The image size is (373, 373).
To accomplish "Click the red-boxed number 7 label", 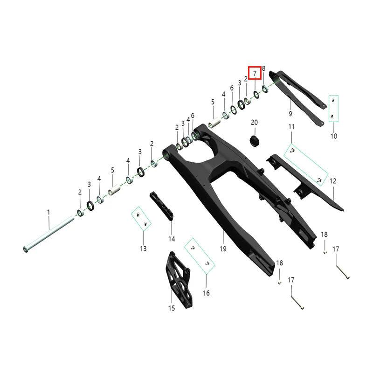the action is (255, 73).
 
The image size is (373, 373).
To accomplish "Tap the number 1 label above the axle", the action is (48, 212).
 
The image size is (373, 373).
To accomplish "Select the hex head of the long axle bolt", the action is (26, 249).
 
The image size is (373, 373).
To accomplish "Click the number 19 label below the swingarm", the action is (223, 249).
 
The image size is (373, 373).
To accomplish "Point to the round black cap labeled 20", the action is (255, 141).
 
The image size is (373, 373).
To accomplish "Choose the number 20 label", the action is (254, 122).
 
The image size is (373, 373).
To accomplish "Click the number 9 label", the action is (290, 113).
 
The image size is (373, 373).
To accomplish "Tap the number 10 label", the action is (334, 136).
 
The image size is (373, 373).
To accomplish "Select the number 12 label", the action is (333, 181).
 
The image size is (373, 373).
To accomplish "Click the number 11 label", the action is (291, 127).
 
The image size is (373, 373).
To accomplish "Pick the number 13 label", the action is (143, 249).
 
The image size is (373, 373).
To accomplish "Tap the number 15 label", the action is (172, 308).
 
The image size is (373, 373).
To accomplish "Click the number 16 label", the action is (206, 293).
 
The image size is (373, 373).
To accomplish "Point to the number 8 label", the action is (263, 69).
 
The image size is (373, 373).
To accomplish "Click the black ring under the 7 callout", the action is (256, 95).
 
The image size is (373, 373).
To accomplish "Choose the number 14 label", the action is (172, 239).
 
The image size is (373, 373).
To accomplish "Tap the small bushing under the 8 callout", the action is (265, 89).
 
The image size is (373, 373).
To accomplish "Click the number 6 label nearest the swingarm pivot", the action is (193, 116).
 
